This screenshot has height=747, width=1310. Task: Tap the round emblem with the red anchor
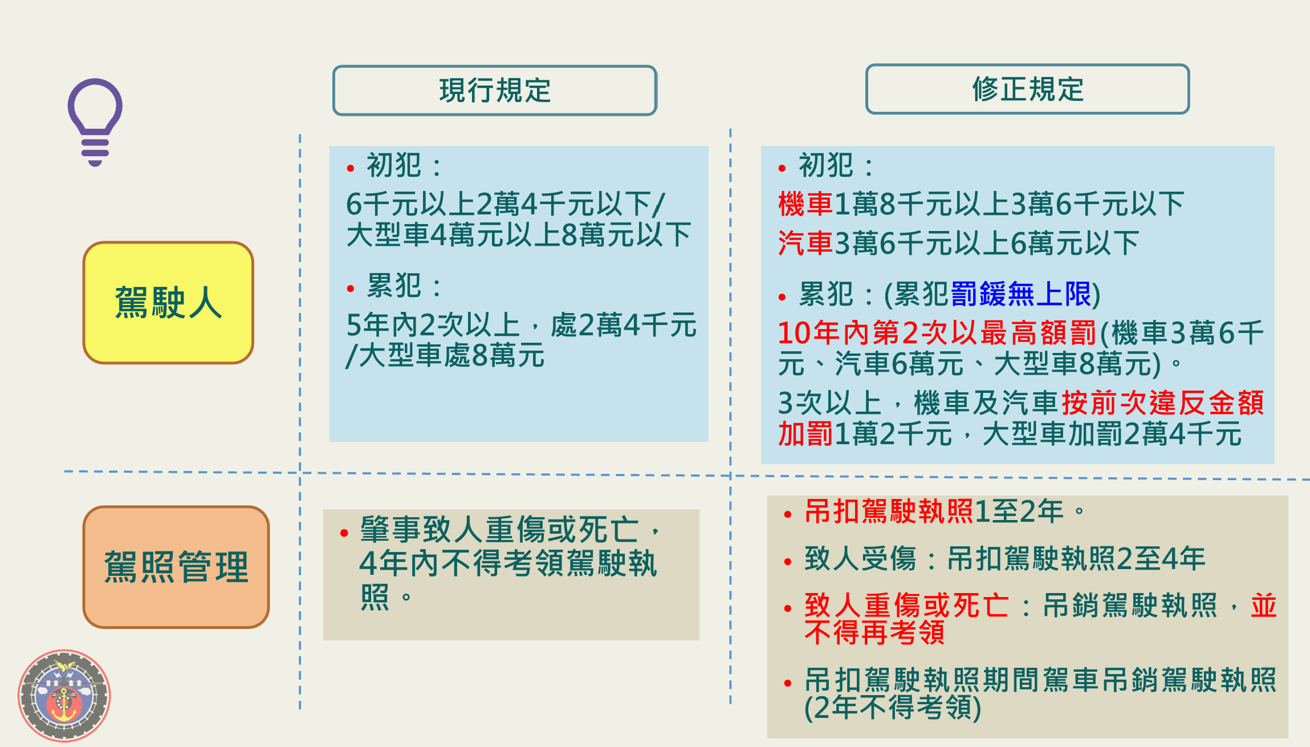click(x=64, y=696)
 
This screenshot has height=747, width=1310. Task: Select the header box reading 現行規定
click(x=494, y=90)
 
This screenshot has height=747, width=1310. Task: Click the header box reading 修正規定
click(x=1027, y=89)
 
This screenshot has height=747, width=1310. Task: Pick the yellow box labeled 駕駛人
click(x=168, y=302)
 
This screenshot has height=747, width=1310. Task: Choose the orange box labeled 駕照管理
click(x=176, y=567)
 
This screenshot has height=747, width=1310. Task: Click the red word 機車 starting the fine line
click(x=805, y=204)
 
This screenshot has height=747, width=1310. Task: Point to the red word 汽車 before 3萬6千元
click(x=805, y=243)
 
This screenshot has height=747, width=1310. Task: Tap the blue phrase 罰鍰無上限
click(x=1020, y=294)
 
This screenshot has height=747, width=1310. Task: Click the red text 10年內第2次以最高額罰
click(x=937, y=333)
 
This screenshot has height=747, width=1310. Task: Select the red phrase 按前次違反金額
click(x=1163, y=403)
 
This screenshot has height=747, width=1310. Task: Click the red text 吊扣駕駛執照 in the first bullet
click(x=888, y=511)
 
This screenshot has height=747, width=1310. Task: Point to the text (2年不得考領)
click(x=893, y=708)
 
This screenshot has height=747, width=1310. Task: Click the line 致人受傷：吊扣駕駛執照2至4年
click(x=1004, y=559)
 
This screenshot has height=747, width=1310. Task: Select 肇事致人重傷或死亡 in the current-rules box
click(x=499, y=530)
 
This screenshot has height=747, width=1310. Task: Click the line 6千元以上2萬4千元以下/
click(x=505, y=204)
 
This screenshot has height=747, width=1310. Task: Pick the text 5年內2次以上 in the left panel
click(x=433, y=325)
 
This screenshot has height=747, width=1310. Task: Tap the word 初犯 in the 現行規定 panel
click(x=394, y=166)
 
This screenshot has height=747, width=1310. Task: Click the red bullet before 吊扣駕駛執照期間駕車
click(x=788, y=683)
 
